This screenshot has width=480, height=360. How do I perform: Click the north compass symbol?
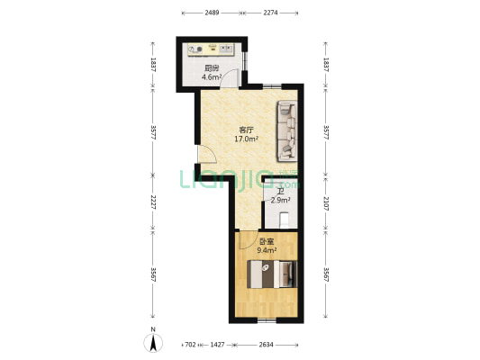[x=153, y=343]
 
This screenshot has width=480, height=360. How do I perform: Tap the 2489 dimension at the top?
[x=212, y=13]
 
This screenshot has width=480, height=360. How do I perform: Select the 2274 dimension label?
[x=270, y=13]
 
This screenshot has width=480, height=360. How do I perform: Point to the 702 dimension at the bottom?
[x=190, y=345]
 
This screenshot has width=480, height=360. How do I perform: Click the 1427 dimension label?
[x=217, y=345]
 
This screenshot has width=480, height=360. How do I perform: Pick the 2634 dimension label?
[x=266, y=345]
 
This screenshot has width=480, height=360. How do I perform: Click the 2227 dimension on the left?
[x=153, y=202]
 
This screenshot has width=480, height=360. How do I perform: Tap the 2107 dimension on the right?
[x=326, y=203]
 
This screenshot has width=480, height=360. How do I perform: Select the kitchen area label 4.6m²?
[x=212, y=77]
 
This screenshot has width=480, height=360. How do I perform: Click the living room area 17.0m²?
[x=247, y=139]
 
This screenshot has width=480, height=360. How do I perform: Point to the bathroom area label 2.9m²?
[x=280, y=201]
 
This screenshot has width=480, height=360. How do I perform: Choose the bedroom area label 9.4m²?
[x=267, y=250]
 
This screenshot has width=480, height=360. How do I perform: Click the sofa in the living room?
[x=287, y=131]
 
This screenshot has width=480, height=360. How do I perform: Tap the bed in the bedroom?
[x=272, y=274]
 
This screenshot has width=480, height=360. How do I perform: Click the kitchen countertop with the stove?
[x=211, y=49]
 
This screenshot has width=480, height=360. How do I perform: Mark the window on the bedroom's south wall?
[x=267, y=320]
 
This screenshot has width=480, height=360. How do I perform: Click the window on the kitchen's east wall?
[x=244, y=61]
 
